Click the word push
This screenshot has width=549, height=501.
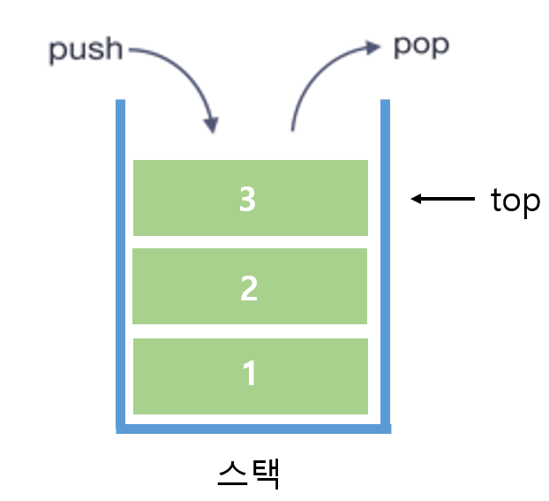tap(85, 49)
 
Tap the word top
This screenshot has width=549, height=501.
tap(515, 201)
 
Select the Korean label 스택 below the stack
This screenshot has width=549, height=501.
tap(248, 473)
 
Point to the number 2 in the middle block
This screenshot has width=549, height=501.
tap(249, 288)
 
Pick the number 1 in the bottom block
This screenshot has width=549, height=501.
tap(250, 374)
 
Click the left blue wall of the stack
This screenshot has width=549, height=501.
tap(121, 265)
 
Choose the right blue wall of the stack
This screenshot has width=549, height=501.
tap(385, 265)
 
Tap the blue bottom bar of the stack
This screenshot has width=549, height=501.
tap(253, 429)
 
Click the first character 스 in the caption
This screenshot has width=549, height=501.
tap(231, 473)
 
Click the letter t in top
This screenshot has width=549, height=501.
tap(497, 201)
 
